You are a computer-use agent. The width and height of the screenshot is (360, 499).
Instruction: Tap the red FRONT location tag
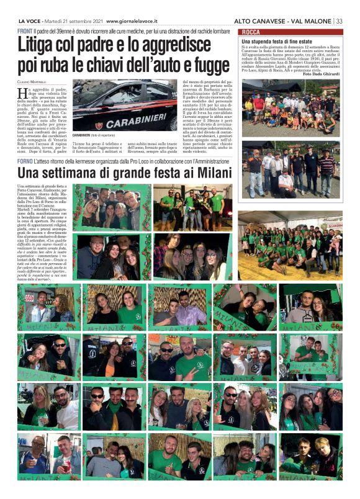pos(25,30)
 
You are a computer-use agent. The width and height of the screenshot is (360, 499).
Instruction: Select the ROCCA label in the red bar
pos(251,32)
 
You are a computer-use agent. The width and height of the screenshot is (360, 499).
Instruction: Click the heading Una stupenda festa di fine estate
pos(272,41)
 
